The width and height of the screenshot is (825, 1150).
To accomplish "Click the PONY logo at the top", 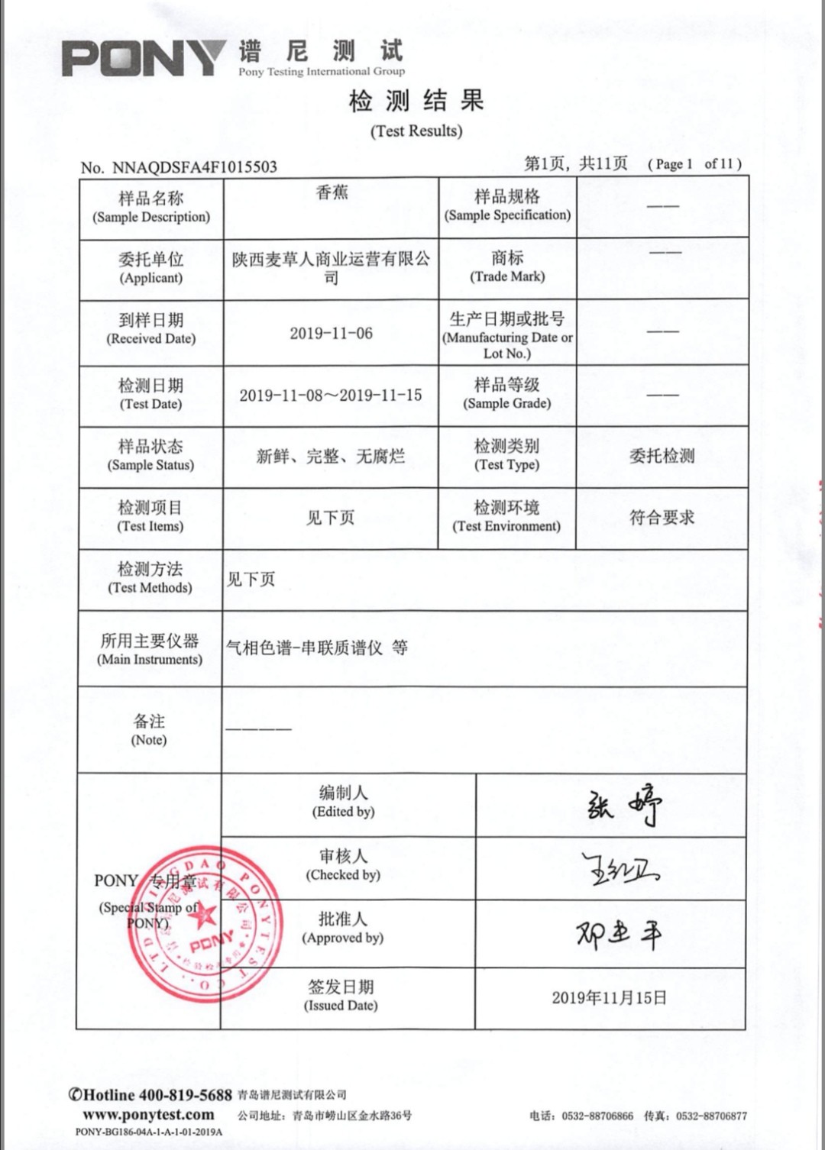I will click(x=144, y=58).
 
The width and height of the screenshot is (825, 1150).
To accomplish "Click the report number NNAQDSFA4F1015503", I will click(x=194, y=167).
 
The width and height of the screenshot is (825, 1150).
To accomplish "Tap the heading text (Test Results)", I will click(x=416, y=131).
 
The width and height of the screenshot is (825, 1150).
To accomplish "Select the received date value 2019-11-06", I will click(x=331, y=333).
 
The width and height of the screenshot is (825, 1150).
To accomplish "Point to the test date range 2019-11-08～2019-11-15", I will click(x=330, y=395).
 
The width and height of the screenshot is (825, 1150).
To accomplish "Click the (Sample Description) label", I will click(x=151, y=217).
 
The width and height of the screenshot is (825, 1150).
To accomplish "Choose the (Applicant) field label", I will click(x=151, y=278).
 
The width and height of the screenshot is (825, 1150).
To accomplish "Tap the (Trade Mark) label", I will click(x=507, y=276).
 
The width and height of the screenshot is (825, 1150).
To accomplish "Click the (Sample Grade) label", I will click(x=507, y=403).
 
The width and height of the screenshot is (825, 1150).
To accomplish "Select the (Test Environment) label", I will click(x=506, y=526).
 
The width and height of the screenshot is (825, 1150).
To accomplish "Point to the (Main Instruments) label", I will click(x=150, y=660).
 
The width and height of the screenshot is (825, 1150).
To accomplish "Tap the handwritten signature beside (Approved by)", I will click(x=619, y=934).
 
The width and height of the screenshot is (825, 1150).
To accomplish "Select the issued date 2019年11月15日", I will click(x=609, y=998).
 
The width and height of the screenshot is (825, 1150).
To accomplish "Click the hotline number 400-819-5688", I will click(x=186, y=1095).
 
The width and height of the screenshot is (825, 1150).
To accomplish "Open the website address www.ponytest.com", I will click(x=148, y=1115).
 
